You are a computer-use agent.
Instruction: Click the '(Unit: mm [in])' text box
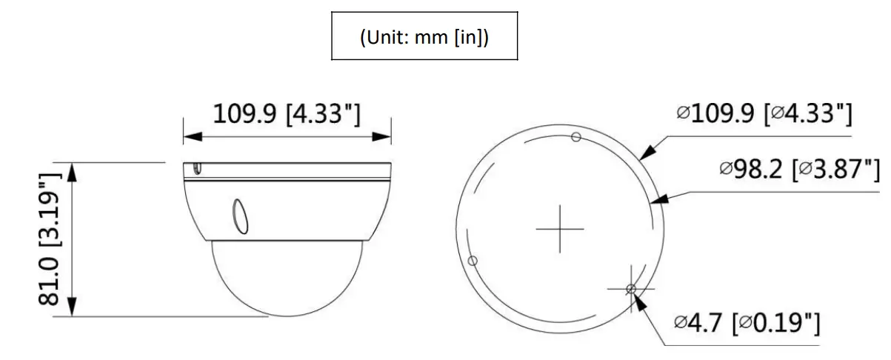click(x=424, y=36)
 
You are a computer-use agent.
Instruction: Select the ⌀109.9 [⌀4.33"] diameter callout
click(x=764, y=114)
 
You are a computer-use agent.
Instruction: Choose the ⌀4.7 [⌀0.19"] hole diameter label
click(x=747, y=323)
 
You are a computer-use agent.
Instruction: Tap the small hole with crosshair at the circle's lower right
click(x=630, y=288)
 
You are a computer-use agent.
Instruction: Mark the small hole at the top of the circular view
click(x=575, y=136)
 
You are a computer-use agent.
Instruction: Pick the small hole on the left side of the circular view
click(x=473, y=261)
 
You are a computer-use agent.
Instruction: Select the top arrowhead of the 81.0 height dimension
click(x=73, y=171)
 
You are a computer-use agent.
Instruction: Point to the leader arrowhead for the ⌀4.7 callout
click(x=637, y=298)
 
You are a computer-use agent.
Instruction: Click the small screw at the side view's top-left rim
click(x=196, y=170)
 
